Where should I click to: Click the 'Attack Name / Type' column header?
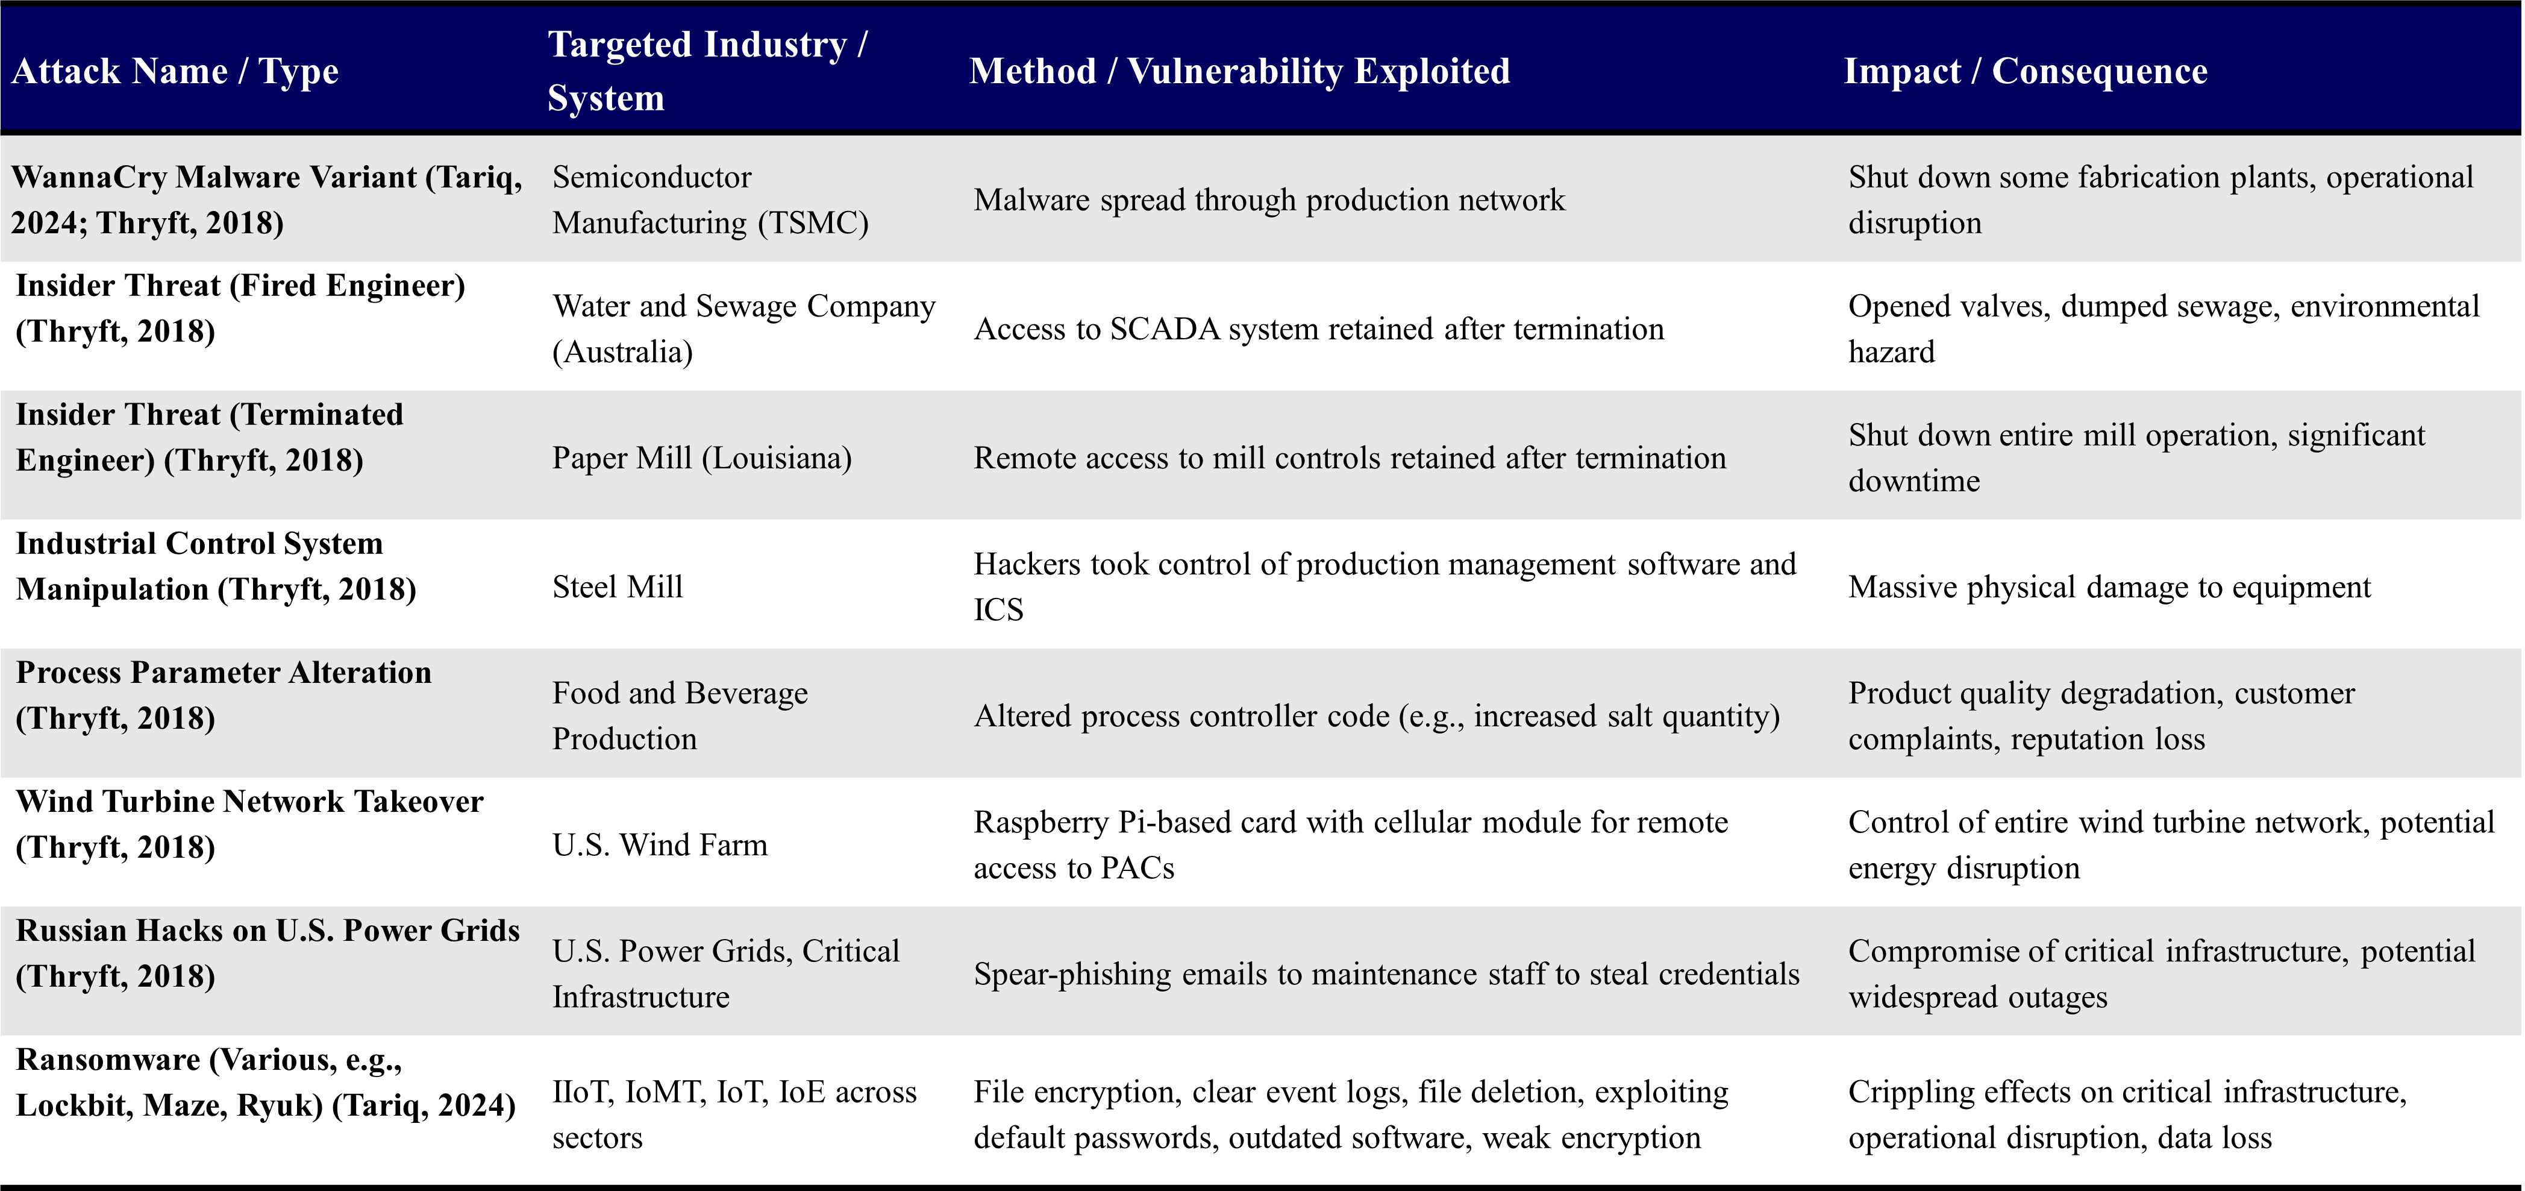pyautogui.click(x=175, y=72)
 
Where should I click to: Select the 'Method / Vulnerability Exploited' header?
pyautogui.click(x=1239, y=72)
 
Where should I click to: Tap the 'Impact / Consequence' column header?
pyautogui.click(x=2025, y=72)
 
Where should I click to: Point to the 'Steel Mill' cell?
pyautogui.click(x=618, y=587)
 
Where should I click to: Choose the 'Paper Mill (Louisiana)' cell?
pyautogui.click(x=702, y=457)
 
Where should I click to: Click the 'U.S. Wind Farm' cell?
pyautogui.click(x=660, y=845)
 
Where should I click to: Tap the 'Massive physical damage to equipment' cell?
pyautogui.click(x=2109, y=587)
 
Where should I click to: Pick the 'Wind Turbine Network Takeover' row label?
pyautogui.click(x=250, y=802)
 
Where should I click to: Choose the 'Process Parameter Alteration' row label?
pyautogui.click(x=224, y=673)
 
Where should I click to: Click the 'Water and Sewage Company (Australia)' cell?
pyautogui.click(x=743, y=329)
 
